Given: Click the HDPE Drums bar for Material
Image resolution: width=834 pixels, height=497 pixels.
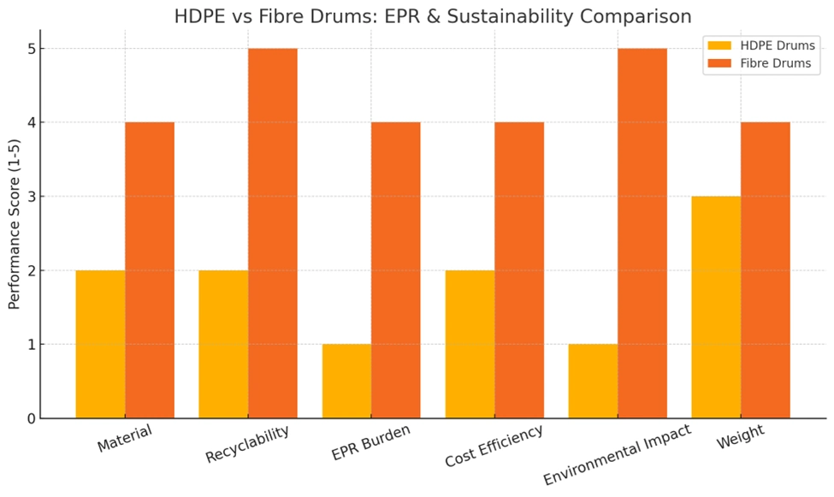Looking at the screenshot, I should tap(100, 344).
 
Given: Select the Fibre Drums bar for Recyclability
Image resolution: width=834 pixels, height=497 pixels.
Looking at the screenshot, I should tap(273, 233).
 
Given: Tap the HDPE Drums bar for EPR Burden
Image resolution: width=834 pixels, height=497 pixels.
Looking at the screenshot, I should tap(346, 381).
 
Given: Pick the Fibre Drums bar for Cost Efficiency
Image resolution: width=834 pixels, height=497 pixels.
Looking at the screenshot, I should tap(519, 269).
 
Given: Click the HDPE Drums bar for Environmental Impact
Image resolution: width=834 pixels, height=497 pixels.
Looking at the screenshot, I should tap(593, 381).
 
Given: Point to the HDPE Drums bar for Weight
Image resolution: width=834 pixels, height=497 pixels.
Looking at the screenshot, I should tap(716, 307).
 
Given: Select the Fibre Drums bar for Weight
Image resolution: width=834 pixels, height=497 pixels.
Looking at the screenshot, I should tap(766, 269).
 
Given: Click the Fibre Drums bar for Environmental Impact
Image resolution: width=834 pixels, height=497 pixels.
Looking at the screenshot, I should tap(642, 233).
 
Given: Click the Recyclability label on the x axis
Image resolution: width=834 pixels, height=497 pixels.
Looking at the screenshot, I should tap(246, 443).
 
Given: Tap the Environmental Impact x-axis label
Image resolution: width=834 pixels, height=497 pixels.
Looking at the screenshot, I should tap(616, 454).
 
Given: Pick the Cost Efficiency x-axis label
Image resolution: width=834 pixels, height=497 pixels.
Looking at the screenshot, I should tap(494, 446).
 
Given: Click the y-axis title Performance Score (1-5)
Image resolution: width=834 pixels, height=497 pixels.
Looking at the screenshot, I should tap(15, 234).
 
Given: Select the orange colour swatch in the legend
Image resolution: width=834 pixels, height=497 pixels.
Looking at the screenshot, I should tap(716, 63).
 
